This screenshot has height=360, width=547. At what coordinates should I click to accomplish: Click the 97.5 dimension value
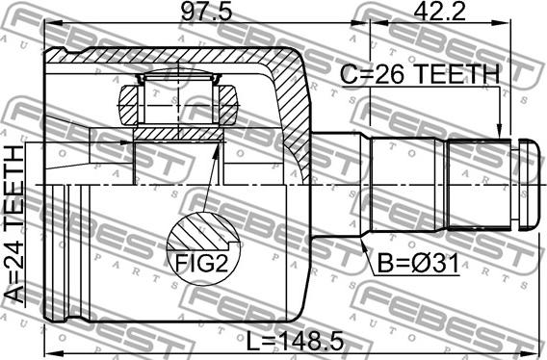pos(207,13)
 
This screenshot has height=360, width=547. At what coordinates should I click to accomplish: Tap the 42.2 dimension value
pos(440,13)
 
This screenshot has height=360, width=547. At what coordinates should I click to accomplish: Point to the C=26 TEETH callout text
pos(420,75)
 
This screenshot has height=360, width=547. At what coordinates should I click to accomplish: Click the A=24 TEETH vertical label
pos(14,224)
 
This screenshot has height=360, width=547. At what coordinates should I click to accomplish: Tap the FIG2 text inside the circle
pos(201,263)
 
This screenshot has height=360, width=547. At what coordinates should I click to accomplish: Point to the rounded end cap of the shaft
pos(528,185)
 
